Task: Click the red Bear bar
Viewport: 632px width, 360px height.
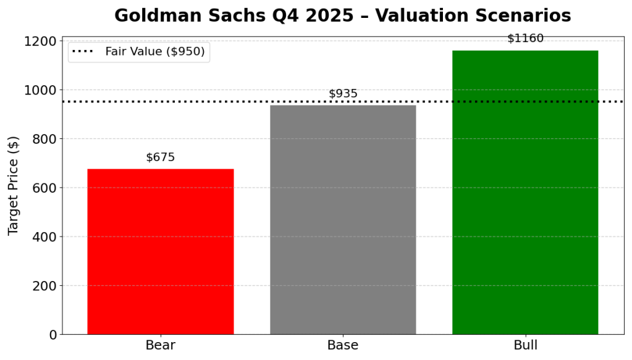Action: (x=160, y=251)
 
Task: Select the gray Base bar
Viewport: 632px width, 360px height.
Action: (x=343, y=219)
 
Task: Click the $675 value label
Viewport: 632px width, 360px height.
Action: (x=160, y=157)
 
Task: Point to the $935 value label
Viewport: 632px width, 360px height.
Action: (x=343, y=94)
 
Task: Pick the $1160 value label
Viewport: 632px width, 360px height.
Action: (x=525, y=39)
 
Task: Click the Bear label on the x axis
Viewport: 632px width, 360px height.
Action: (x=160, y=345)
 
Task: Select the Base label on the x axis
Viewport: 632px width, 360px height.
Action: (x=343, y=345)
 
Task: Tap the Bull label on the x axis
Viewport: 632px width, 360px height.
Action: (x=525, y=345)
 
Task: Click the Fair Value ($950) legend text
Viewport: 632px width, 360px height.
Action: (x=154, y=52)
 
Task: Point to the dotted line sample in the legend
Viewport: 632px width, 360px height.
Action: (x=83, y=52)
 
